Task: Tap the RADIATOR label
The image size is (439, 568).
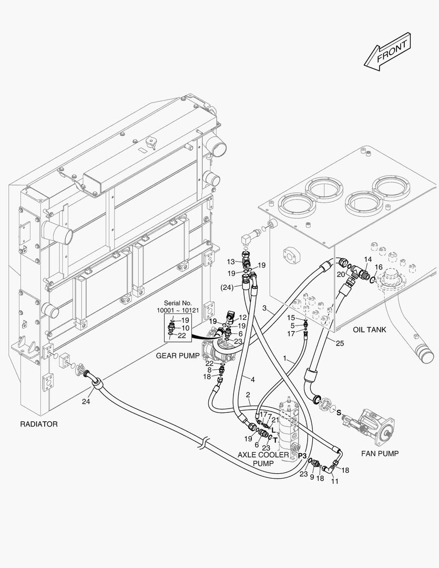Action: tap(38, 423)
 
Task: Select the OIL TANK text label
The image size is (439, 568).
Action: tap(369, 330)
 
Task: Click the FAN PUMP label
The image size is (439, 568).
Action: tap(380, 453)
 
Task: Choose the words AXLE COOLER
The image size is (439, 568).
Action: tap(263, 454)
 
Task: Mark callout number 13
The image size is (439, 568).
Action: tap(231, 261)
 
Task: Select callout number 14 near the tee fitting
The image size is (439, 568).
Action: tap(367, 260)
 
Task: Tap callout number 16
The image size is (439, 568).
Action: tap(379, 267)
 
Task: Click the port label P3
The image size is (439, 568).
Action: tap(302, 455)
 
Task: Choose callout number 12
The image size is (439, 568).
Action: tap(243, 317)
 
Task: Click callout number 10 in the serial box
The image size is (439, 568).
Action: tap(185, 328)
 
